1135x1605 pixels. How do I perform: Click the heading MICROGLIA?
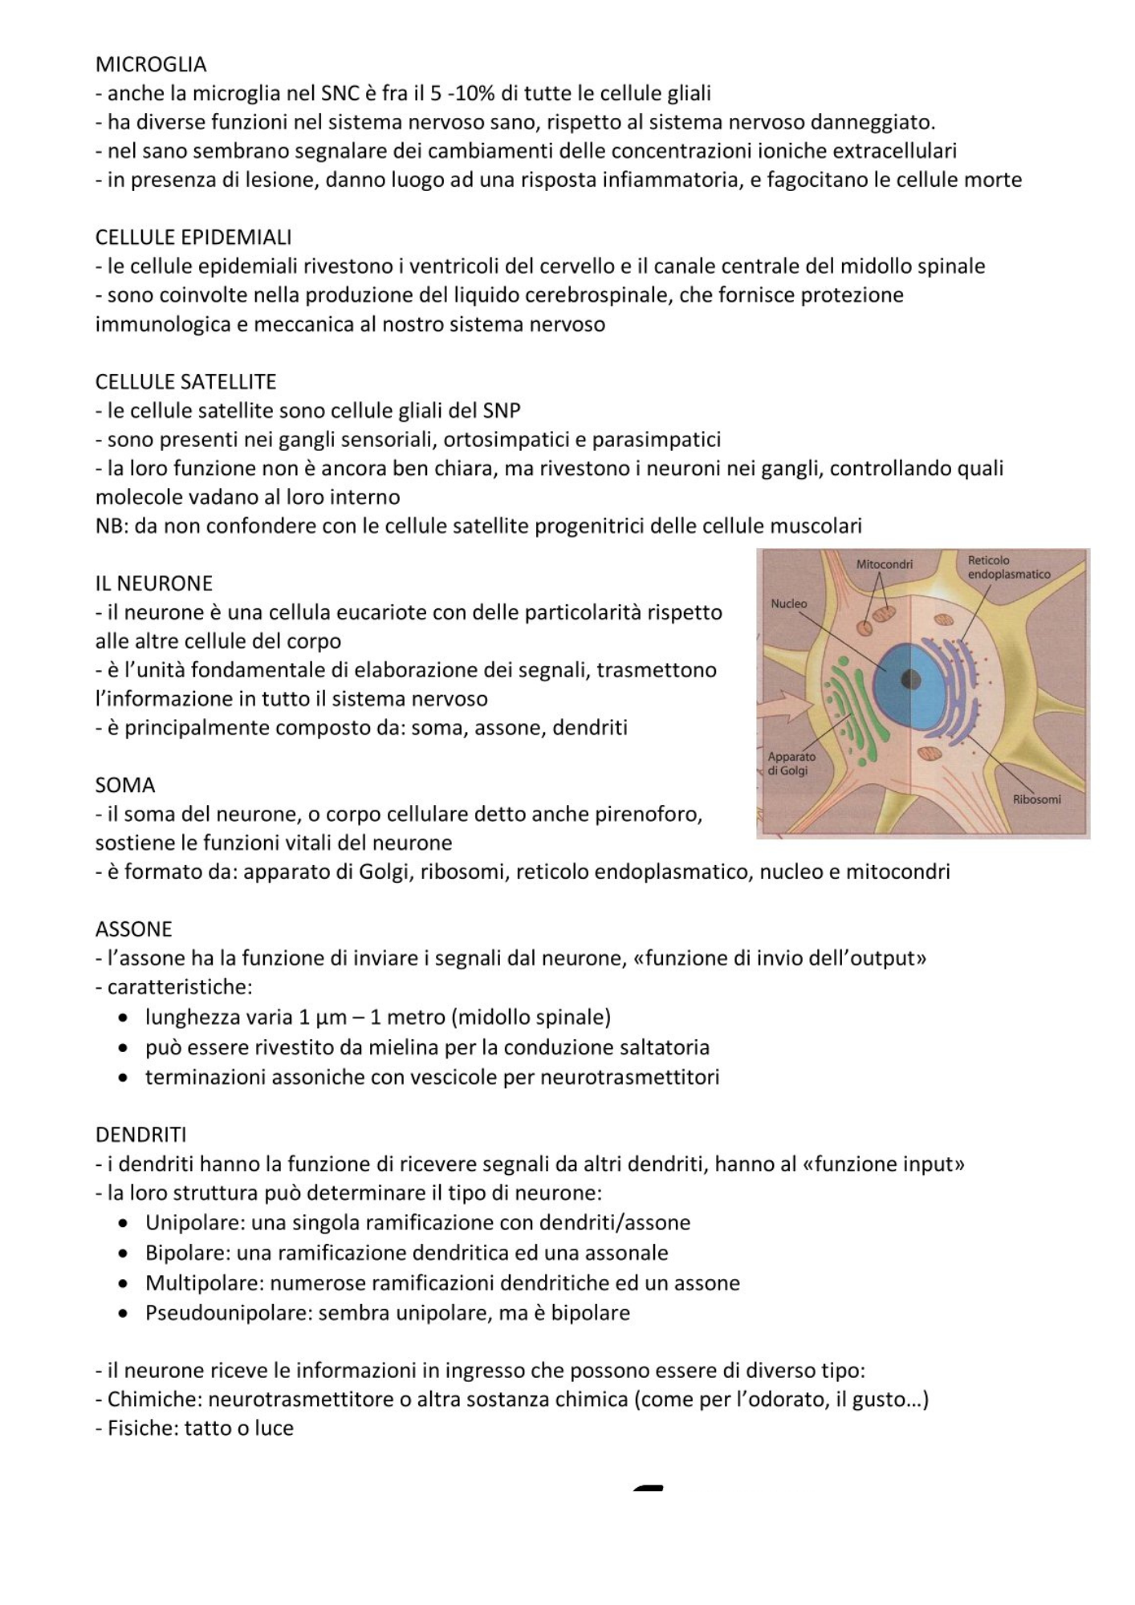click(151, 64)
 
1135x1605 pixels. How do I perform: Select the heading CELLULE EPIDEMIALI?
click(193, 238)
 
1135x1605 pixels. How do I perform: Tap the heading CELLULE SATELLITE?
click(185, 382)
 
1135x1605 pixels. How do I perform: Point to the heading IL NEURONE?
click(153, 583)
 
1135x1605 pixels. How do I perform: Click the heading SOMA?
click(124, 785)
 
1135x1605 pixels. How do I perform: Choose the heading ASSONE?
click(133, 929)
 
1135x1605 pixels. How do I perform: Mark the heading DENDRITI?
click(140, 1135)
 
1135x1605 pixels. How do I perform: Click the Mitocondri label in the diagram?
click(884, 565)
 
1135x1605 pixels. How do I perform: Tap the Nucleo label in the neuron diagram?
click(788, 603)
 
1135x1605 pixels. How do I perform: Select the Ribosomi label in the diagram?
click(1036, 799)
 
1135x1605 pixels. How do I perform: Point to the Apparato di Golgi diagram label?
click(791, 763)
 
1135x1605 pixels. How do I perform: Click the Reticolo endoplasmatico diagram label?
click(1008, 567)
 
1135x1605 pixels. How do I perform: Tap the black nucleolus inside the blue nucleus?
click(910, 680)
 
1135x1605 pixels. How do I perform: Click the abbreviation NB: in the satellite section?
click(111, 526)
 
